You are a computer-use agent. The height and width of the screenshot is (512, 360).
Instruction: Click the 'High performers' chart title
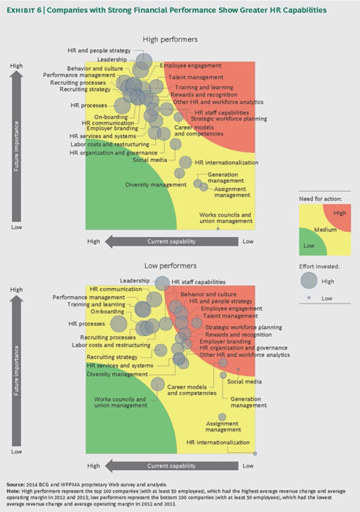[x=170, y=39]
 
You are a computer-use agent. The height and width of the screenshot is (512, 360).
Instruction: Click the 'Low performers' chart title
[x=170, y=266]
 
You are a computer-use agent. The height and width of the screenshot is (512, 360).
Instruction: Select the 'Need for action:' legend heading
[x=320, y=199]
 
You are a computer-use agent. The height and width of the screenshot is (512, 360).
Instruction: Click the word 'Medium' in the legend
[x=325, y=230]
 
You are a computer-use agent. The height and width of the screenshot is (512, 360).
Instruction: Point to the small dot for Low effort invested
[x=309, y=298]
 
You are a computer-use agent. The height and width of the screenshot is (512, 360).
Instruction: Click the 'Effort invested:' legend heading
[x=320, y=266]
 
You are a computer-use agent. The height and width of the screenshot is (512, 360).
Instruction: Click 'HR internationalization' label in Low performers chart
[x=218, y=442]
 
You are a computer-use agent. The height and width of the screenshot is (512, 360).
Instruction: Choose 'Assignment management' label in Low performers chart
[x=223, y=427]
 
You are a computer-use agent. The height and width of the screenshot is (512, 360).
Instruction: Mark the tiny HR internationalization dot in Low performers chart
[x=255, y=453]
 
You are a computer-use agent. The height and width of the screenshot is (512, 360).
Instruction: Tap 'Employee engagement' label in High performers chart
[x=190, y=66]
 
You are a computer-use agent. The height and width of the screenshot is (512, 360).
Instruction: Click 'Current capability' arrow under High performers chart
[x=171, y=241]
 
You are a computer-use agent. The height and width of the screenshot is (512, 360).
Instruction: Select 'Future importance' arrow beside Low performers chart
[x=17, y=370]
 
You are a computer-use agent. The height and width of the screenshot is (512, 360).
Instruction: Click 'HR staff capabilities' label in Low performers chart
[x=198, y=282]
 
